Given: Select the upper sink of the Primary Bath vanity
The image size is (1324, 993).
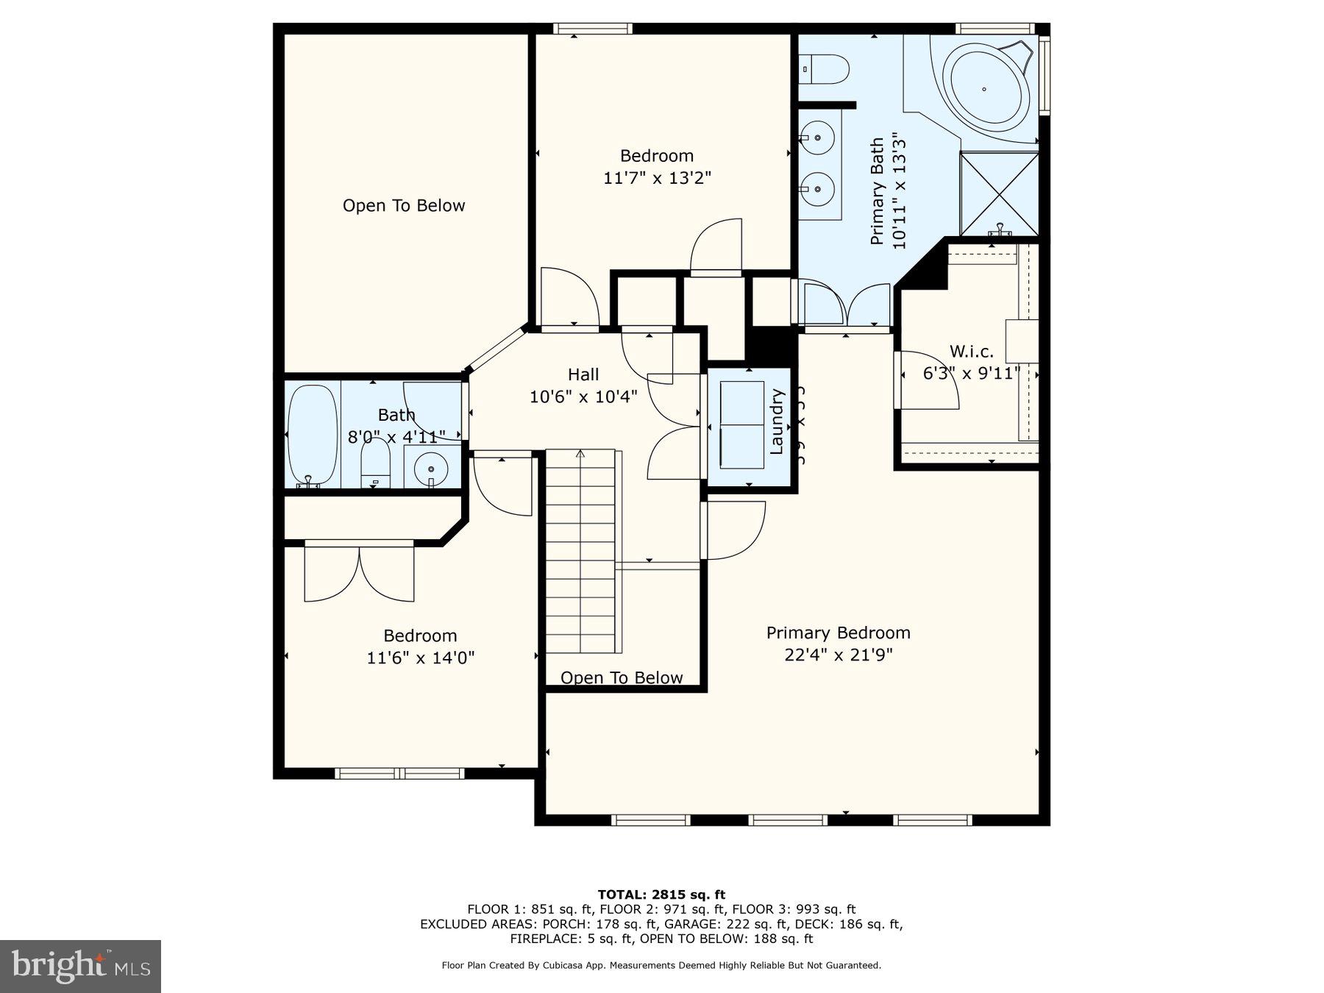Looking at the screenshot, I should coord(816,137).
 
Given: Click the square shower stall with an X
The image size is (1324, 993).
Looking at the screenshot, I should coord(999,193).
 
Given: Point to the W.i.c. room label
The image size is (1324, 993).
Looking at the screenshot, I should coord(971,352).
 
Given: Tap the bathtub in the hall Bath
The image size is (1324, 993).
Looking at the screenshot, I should coord(313,435).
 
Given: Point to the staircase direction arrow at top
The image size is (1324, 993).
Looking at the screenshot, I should coord(580,454).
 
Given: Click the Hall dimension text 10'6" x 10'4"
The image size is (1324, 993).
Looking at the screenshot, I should coord(583,397).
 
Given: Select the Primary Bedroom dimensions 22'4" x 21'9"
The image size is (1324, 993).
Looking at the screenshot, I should coord(838,655).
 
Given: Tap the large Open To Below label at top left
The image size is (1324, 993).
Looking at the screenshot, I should coord(404,206).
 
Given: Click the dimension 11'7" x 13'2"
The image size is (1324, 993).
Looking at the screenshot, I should coord(657,178).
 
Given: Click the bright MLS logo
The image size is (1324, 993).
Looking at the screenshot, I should coord(80,966).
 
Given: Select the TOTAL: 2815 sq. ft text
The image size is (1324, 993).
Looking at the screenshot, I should coord(661,894).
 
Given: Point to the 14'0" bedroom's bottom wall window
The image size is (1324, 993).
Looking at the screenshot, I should coord(399,773).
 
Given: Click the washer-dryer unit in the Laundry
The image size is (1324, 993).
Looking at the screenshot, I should coord(742,425).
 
